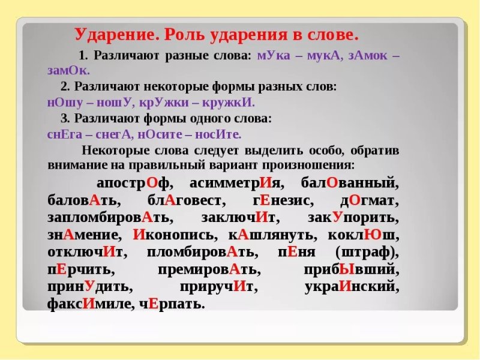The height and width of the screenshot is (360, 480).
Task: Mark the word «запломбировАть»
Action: (110, 217)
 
